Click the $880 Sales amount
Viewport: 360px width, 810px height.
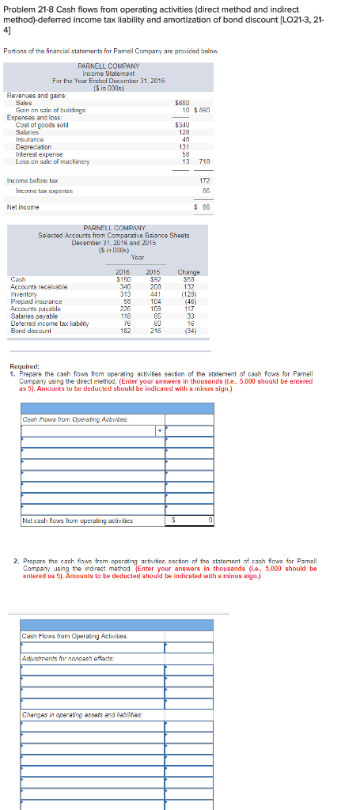tap(182, 102)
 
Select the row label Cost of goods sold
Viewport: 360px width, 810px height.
tap(42, 125)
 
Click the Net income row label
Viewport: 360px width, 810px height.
tap(23, 207)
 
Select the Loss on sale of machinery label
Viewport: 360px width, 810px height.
tap(52, 161)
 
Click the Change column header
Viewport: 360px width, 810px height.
tap(189, 271)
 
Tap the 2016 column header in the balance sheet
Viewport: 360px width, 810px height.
tap(123, 271)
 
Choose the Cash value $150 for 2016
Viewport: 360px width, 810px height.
tap(123, 278)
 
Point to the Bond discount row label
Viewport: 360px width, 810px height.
tap(31, 331)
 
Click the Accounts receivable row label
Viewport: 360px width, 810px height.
tap(39, 286)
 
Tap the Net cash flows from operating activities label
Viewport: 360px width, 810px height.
tap(78, 520)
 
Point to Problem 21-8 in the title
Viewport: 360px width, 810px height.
tap(32, 9)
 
